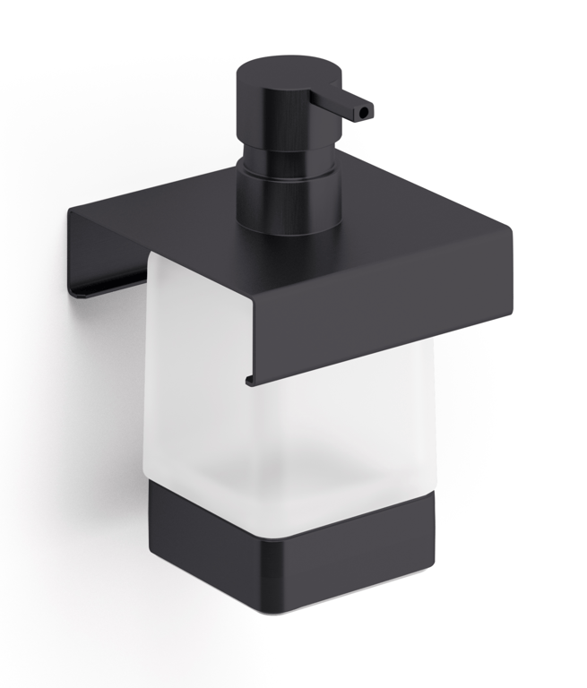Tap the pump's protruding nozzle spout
[x=350, y=102]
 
